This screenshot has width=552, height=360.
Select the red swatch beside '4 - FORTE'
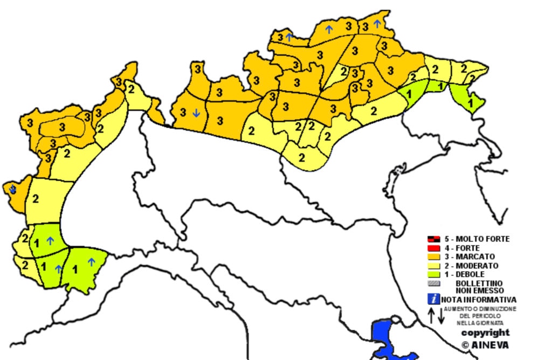point(433,248)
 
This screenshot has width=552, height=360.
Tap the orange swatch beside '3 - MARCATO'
point(433,257)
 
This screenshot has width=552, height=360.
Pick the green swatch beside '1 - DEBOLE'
point(433,274)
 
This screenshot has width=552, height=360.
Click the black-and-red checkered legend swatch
point(433,239)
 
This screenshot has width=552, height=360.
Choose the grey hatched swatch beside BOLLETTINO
point(433,283)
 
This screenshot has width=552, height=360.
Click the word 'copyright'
point(485,333)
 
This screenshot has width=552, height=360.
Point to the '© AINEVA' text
point(485,344)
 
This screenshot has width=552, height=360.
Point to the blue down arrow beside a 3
point(196,113)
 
